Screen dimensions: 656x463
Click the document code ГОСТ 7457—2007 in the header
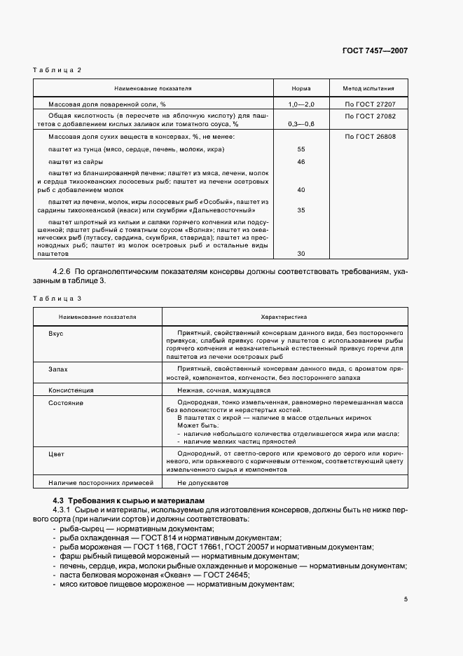(375, 50)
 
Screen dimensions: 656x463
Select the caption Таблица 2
(57, 70)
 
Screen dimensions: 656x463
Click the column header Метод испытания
(368, 89)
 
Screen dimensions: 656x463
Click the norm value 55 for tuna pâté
(301, 149)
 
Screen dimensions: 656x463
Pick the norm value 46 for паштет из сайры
(301, 162)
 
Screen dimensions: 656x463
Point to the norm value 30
(301, 254)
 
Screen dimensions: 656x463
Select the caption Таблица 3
(57, 299)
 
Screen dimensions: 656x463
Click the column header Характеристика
(284, 317)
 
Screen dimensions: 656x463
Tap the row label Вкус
(56, 333)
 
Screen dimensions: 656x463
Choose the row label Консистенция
(71, 390)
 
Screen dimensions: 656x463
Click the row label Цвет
(56, 454)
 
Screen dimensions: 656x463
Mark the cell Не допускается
(202, 483)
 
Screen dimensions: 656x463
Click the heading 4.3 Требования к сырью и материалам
(129, 501)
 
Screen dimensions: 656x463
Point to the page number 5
(406, 599)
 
